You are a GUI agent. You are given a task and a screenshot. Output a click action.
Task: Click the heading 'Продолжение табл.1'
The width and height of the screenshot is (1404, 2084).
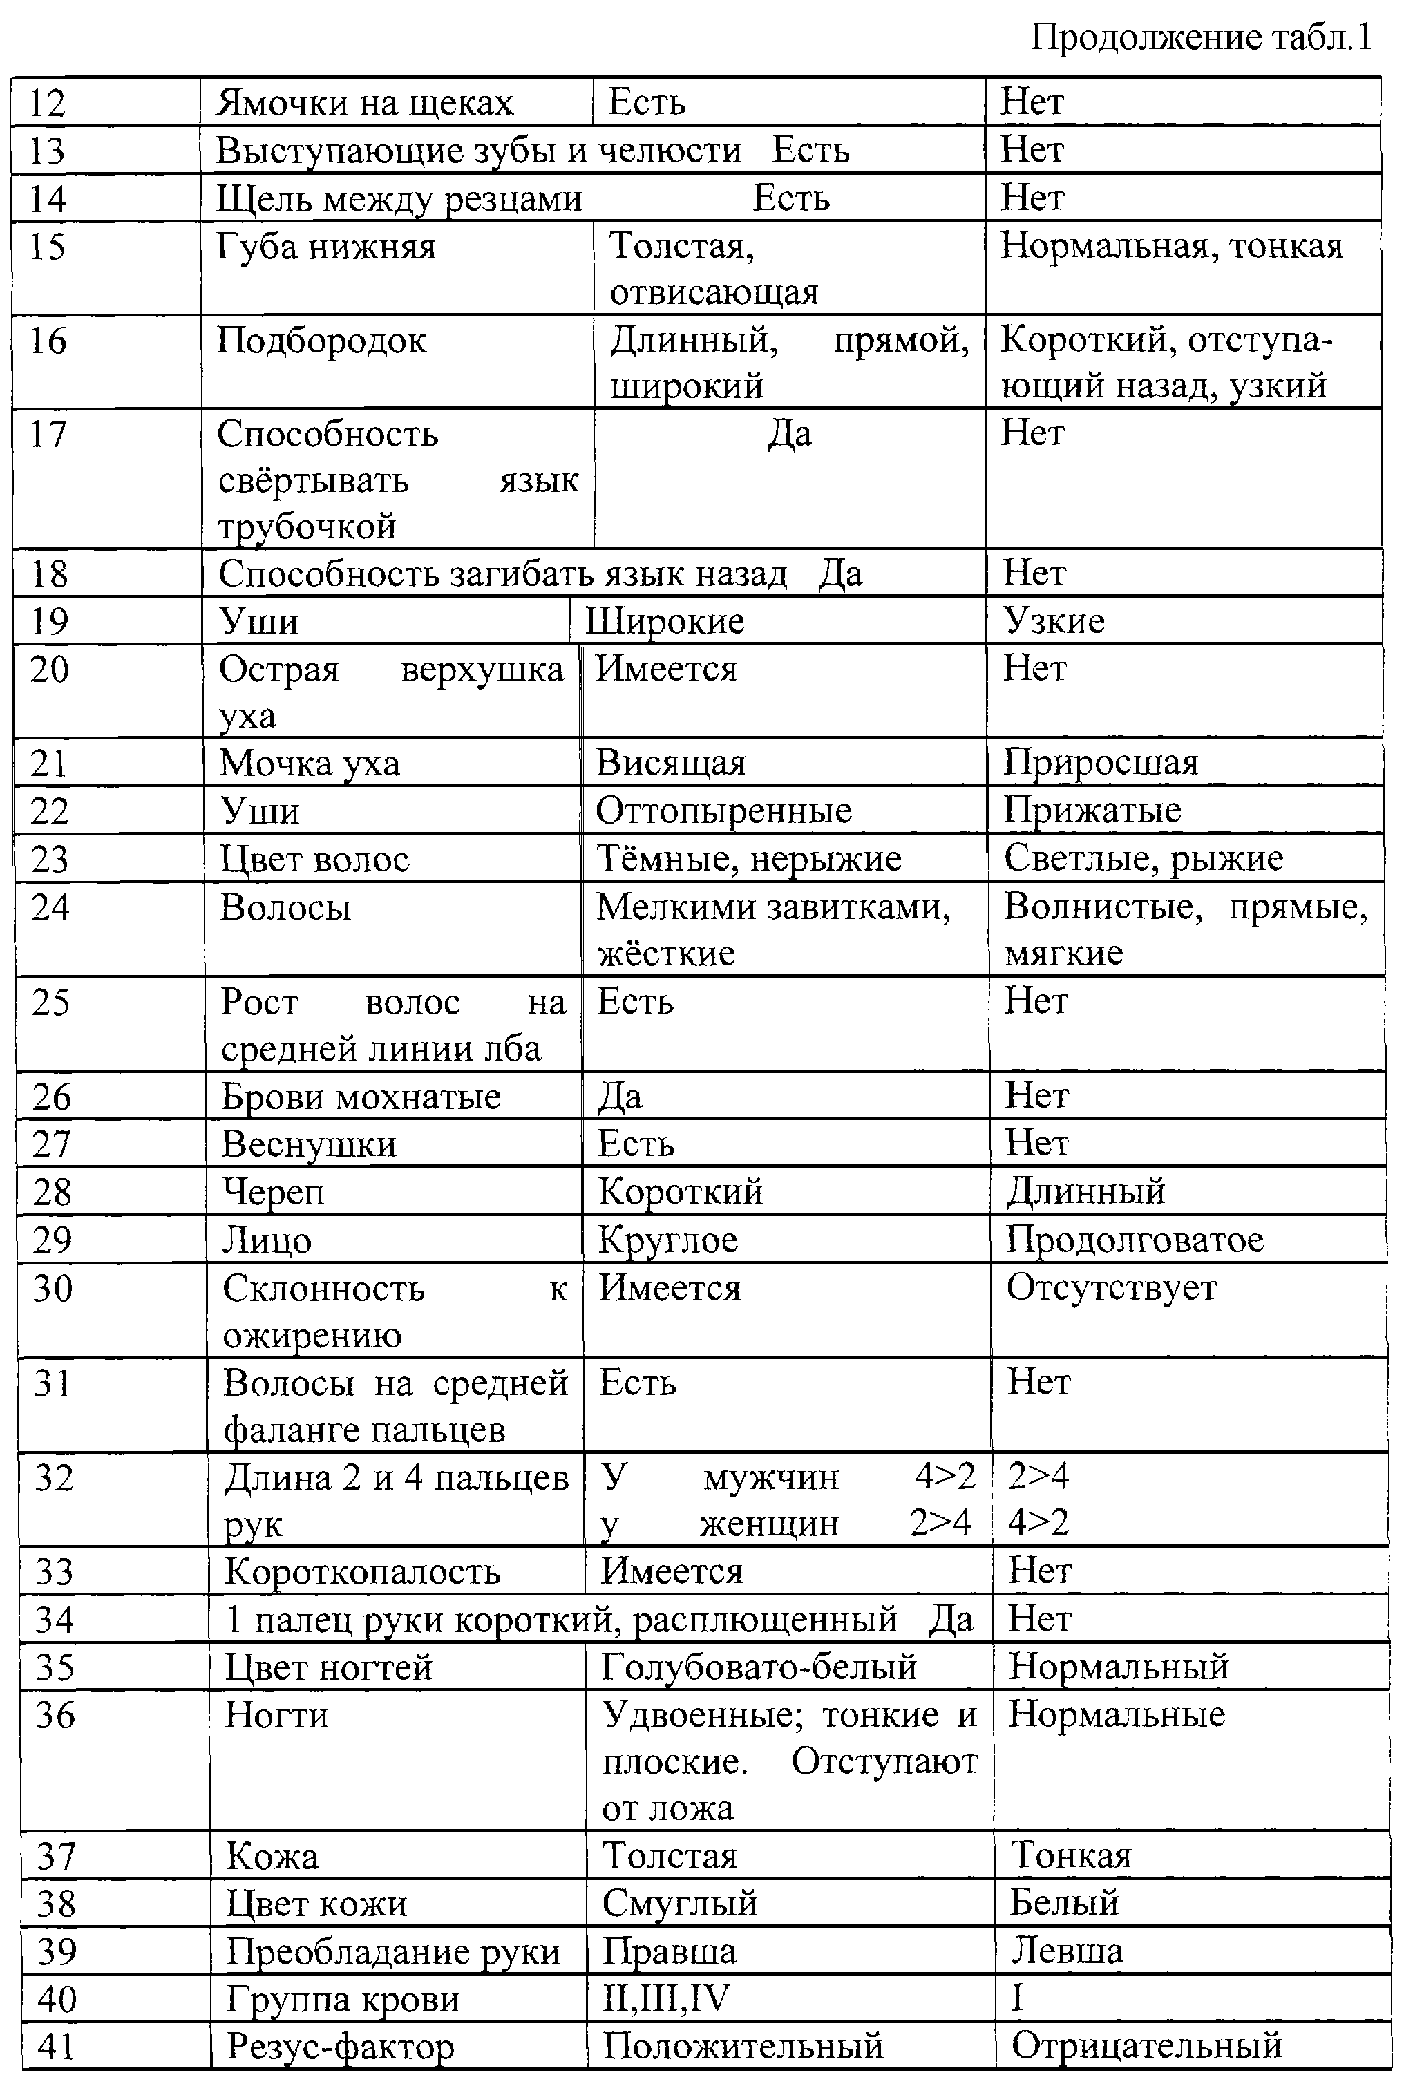(1201, 37)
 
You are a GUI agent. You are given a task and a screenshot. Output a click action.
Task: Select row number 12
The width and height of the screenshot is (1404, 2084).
(48, 103)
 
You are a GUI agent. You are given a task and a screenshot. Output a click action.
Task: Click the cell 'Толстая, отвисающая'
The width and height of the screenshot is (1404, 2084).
(714, 269)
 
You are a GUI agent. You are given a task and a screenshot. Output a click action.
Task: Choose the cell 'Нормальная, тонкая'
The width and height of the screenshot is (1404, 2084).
(1171, 246)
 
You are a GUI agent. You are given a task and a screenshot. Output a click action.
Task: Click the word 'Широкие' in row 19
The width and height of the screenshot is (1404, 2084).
(665, 621)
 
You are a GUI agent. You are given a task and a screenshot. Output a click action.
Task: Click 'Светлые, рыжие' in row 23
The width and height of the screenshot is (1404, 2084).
(1144, 858)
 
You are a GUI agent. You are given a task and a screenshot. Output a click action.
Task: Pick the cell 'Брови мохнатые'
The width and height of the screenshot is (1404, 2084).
(361, 1097)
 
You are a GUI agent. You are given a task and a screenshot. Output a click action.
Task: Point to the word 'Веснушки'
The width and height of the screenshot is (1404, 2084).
(309, 1145)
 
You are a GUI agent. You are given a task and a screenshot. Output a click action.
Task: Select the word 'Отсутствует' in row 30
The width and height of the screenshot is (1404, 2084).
(1111, 1288)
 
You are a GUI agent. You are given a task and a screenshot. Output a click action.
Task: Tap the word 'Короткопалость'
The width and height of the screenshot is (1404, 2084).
(362, 1572)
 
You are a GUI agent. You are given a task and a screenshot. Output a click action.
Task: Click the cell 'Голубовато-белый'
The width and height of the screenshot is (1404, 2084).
(759, 1667)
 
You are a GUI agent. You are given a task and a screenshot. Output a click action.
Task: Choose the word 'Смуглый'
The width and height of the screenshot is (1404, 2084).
(680, 1903)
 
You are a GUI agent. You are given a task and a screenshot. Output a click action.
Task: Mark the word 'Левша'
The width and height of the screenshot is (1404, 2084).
(1066, 1951)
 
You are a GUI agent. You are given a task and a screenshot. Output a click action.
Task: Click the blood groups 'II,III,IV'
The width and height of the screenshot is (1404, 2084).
(665, 1998)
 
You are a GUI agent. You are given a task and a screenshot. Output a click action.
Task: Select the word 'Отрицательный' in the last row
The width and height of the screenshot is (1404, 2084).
(1146, 2047)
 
